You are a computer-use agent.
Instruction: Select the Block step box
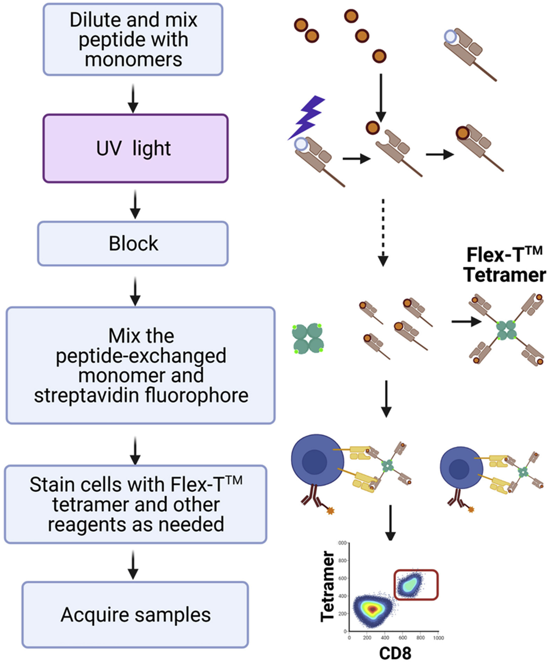point(133,243)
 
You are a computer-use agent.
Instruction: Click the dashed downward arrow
point(383,232)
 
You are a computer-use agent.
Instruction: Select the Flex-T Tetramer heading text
point(505,265)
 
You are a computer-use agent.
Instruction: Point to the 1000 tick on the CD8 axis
point(438,638)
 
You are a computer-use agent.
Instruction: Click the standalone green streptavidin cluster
point(308,338)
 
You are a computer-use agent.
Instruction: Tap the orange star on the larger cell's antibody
point(330,510)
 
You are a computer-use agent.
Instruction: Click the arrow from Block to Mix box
point(135,291)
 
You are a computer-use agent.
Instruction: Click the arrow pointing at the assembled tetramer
point(466,322)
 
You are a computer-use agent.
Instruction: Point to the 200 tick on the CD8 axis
point(367,638)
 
